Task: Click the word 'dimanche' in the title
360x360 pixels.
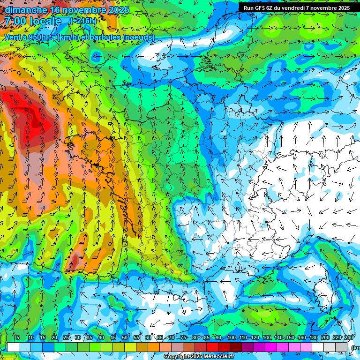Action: coord(26,10)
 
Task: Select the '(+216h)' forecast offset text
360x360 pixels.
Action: coord(84,21)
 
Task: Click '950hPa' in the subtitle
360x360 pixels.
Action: coord(41,37)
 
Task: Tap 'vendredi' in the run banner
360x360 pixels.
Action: coord(295,8)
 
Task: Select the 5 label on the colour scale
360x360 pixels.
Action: coord(18,338)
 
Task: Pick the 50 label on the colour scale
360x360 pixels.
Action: coord(124,338)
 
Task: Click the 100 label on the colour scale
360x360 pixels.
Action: coord(232,338)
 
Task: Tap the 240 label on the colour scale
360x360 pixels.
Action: coord(348,338)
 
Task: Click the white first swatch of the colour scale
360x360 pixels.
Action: coord(13,347)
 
